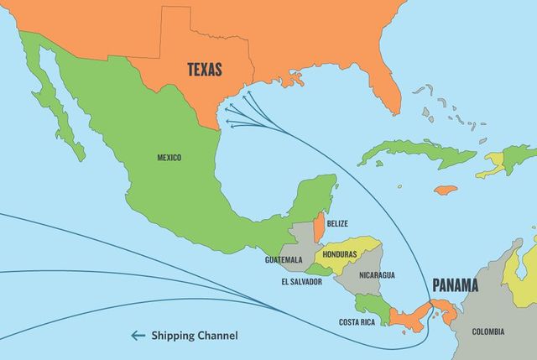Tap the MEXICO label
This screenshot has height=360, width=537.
pyautogui.click(x=169, y=157)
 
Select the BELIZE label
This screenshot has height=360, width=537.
pyautogui.click(x=338, y=223)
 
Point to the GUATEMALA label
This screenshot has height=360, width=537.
pyautogui.click(x=284, y=260)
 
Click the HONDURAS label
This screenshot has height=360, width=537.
pyautogui.click(x=340, y=253)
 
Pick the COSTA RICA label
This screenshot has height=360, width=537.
pyautogui.click(x=357, y=322)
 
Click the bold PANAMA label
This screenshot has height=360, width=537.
pyautogui.click(x=455, y=285)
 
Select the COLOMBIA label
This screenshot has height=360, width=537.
pyautogui.click(x=488, y=331)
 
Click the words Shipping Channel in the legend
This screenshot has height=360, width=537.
pyautogui.click(x=195, y=336)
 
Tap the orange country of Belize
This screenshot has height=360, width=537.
pyautogui.click(x=319, y=227)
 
